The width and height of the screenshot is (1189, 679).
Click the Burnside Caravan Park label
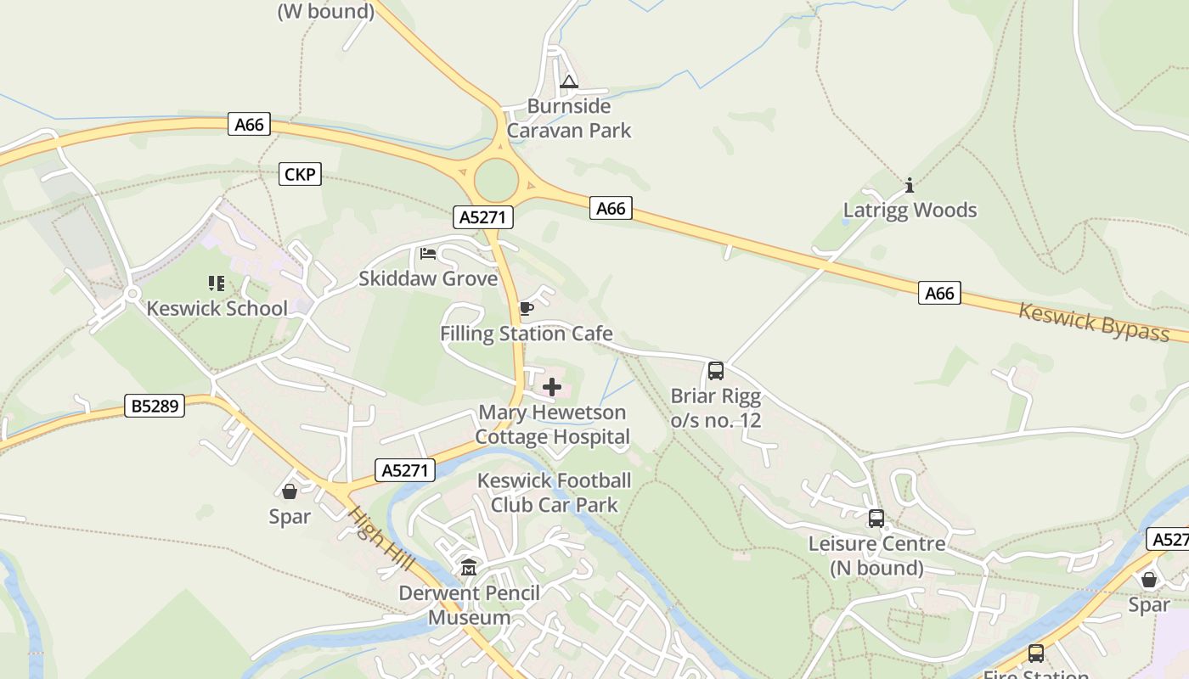pyautogui.click(x=569, y=118)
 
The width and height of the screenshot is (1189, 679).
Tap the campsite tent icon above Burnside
pyautogui.click(x=569, y=82)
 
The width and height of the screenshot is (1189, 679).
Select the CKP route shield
pyautogui.click(x=300, y=175)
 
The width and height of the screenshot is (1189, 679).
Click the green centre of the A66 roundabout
pyautogui.click(x=496, y=180)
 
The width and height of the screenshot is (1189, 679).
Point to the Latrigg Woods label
pyautogui.click(x=910, y=210)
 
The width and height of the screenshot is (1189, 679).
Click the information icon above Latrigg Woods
pyautogui.click(x=910, y=185)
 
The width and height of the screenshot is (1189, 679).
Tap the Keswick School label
pyautogui.click(x=217, y=308)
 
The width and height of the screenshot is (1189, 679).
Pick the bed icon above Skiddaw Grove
pyautogui.click(x=428, y=254)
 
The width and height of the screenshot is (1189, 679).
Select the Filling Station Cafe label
pyautogui.click(x=526, y=334)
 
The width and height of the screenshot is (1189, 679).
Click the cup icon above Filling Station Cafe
pyautogui.click(x=526, y=308)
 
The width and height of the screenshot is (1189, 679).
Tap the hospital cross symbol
pyautogui.click(x=552, y=388)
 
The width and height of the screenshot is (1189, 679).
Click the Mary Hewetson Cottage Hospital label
pyautogui.click(x=552, y=424)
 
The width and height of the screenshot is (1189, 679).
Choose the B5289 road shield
pyautogui.click(x=155, y=406)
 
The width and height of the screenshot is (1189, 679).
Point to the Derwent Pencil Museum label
pyautogui.click(x=469, y=605)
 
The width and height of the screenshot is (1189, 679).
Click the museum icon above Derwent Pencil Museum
pyautogui.click(x=469, y=568)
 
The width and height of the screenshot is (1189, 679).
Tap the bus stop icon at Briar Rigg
pyautogui.click(x=716, y=371)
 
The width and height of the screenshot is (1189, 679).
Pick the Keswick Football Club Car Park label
pyautogui.click(x=555, y=492)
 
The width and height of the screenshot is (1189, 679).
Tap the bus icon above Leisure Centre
pyautogui.click(x=876, y=519)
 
